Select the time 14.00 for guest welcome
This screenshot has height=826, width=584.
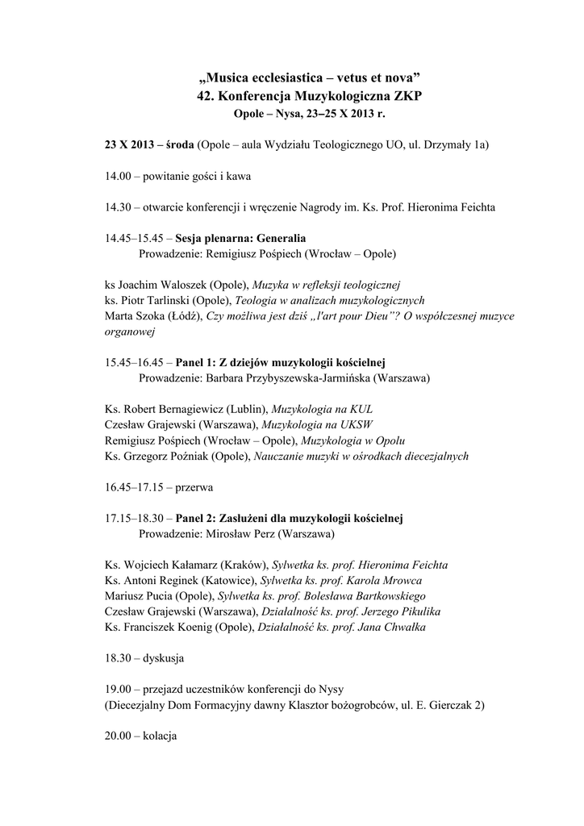119,176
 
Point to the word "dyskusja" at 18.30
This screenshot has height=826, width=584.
164,658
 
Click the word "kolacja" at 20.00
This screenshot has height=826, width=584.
161,736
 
